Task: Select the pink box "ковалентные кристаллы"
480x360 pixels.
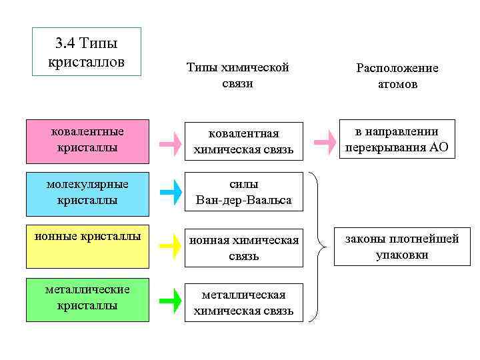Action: [87, 141]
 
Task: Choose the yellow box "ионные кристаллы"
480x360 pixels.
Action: [87, 247]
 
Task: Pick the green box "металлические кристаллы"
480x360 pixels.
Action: [87, 301]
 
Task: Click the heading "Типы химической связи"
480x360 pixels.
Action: [237, 76]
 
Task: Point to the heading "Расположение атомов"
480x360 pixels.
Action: [397, 76]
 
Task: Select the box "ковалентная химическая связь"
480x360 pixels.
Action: [243, 141]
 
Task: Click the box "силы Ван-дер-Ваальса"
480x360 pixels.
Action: [243, 192]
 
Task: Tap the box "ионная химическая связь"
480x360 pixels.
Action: [243, 248]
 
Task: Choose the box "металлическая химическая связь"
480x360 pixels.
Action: [243, 303]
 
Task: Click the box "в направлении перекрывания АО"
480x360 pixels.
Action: [397, 139]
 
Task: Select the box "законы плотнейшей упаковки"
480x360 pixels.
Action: [397, 247]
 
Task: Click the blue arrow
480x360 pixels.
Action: [171, 192]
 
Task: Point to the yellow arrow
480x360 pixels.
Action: [171, 247]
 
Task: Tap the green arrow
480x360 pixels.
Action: [171, 301]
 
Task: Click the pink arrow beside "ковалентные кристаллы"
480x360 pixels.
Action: [171, 142]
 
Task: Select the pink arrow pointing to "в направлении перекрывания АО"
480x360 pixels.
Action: [325, 141]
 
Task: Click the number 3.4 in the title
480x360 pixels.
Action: [65, 44]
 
